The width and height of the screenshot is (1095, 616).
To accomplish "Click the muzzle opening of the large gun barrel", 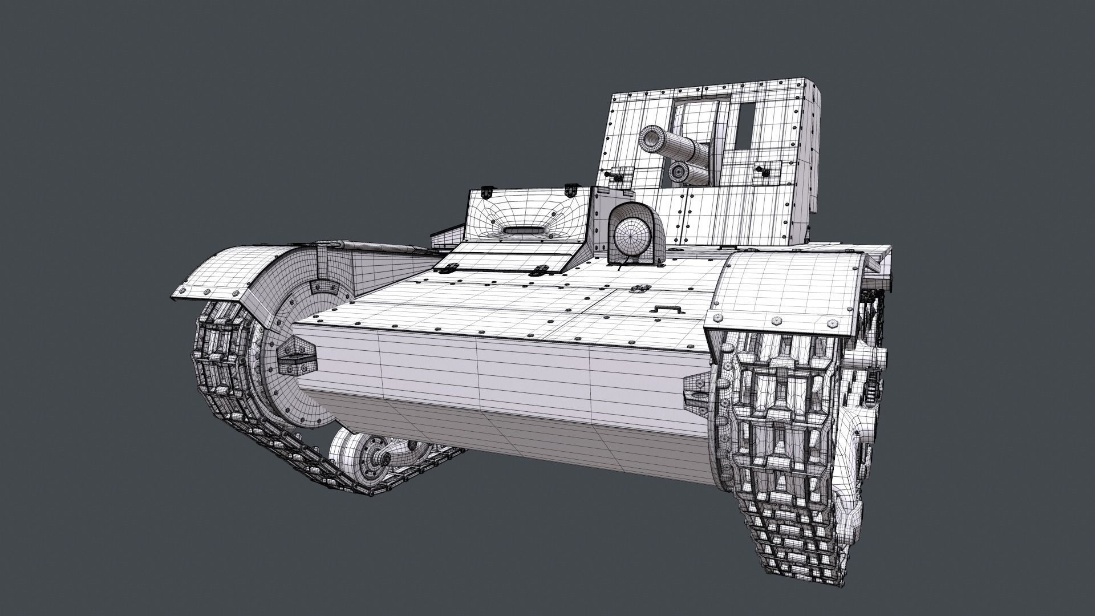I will click(x=651, y=137).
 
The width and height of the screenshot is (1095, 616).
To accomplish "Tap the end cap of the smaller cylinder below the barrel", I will click(x=678, y=171).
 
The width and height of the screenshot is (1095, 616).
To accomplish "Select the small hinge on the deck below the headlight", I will click(x=635, y=290).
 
